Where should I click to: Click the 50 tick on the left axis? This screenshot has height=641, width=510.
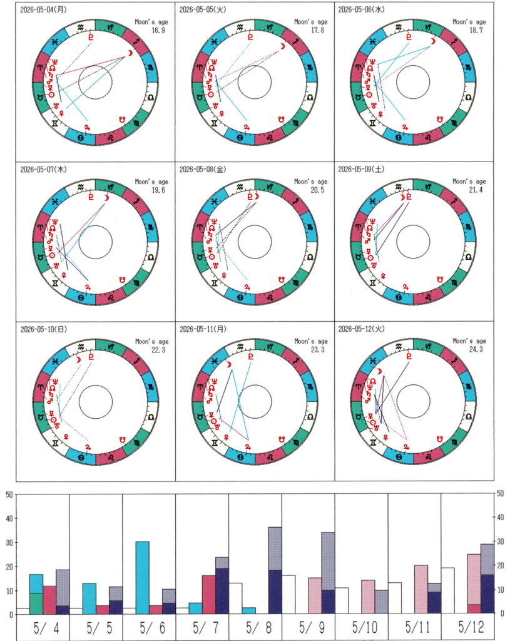[x=9, y=495]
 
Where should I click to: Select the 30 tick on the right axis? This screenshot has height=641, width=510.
[x=499, y=543]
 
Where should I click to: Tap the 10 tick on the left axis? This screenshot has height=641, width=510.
[x=9, y=590]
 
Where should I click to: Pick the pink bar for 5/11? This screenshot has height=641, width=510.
[x=421, y=589]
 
